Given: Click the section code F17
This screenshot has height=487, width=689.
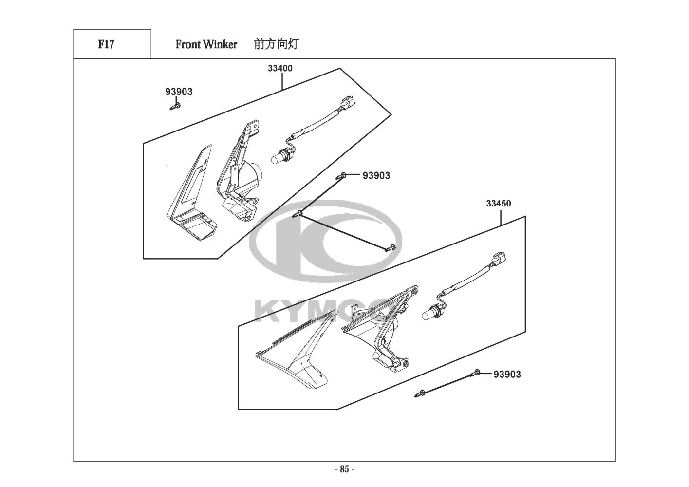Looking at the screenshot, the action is click(106, 44).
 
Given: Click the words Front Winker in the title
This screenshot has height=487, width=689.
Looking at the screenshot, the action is click(206, 44).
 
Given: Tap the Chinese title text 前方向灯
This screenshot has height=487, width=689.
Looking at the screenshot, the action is click(276, 44).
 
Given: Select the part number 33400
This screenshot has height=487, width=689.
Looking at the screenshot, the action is click(280, 68).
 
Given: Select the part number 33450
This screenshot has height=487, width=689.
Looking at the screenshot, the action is click(499, 204).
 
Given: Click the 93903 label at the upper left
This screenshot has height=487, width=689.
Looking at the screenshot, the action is click(179, 92).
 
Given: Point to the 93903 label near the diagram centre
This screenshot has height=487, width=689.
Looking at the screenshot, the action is click(376, 176).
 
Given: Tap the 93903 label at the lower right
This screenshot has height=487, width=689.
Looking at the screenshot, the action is click(507, 374).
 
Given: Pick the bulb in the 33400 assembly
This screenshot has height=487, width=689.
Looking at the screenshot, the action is click(278, 156).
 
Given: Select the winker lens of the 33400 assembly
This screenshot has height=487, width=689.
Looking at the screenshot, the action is click(190, 195).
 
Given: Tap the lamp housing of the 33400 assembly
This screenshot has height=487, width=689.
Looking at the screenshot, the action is click(239, 175).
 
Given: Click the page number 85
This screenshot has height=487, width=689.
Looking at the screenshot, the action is click(344, 469).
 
